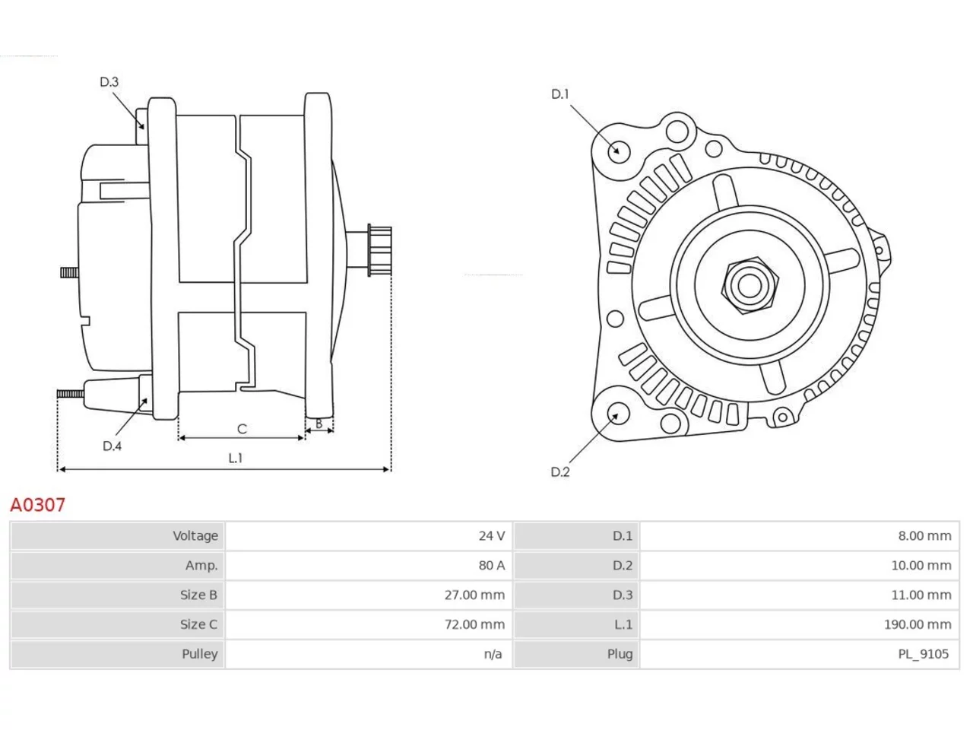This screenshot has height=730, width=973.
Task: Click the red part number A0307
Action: pos(38,505)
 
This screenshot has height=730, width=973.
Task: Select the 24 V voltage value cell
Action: pos(491,536)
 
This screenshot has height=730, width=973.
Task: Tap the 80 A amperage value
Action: pos(491,565)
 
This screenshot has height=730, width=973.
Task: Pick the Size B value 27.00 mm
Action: pos(474,595)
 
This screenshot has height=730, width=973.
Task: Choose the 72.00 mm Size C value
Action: pos(474,624)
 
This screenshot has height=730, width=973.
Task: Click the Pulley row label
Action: pos(199,654)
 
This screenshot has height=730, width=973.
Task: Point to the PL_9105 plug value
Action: pos(923,654)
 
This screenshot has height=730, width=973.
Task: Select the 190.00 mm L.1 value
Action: pos(918,624)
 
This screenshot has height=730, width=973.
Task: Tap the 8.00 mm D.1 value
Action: pos(924,536)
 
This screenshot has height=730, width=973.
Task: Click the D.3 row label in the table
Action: pos(623,595)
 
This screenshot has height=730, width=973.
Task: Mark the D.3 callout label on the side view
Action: pos(109,82)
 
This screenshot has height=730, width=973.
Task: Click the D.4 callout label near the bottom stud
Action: pos(112,446)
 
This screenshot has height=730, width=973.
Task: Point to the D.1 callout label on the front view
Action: pos(560,94)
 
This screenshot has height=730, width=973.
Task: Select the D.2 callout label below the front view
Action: pos(560,472)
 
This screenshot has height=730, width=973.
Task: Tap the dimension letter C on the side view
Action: pos(242,429)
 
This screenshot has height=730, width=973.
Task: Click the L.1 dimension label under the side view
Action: pos(236,458)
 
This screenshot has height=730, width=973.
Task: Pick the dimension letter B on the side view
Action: pos(319,424)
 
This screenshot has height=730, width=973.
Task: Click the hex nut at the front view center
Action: pos(750,285)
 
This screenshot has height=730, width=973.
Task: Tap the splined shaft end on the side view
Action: pos(379,251)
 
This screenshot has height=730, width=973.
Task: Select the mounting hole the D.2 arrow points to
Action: pos(617,413)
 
